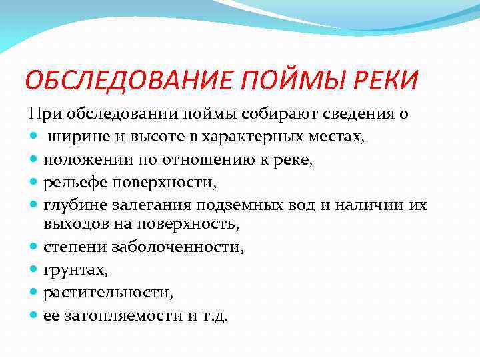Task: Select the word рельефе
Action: coord(71,182)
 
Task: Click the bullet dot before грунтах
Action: coord(34,269)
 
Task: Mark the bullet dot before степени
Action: coord(34,247)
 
